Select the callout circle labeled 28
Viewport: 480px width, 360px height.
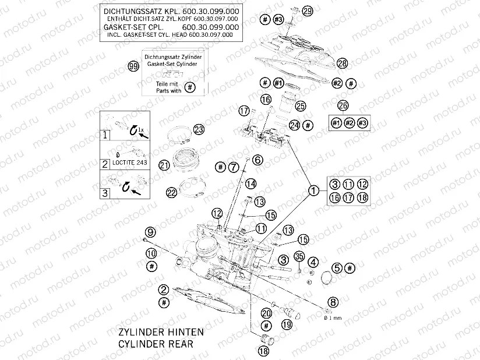342,63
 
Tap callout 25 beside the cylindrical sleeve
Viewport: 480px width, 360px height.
300,105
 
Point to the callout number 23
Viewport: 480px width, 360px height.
199,129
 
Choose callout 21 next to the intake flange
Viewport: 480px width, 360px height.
164,165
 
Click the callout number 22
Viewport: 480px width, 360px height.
171,192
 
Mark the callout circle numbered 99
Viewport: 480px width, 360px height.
134,66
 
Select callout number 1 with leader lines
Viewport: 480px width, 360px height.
313,190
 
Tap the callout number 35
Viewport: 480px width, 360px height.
299,256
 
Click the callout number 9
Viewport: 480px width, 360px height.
150,231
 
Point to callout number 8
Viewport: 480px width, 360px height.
333,302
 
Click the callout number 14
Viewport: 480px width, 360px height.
250,183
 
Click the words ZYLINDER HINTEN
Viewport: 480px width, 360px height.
157,332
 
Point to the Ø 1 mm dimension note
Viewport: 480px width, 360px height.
333,319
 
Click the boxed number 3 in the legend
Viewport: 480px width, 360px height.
105,193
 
